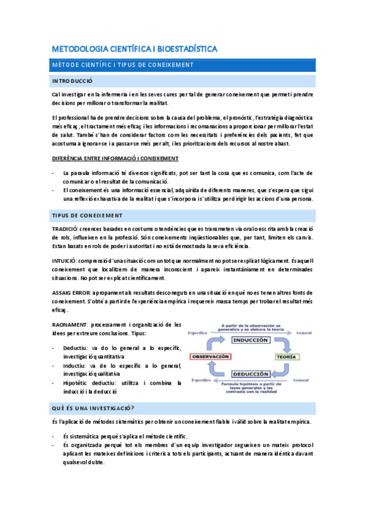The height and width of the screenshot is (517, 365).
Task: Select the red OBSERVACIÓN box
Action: point(210,356)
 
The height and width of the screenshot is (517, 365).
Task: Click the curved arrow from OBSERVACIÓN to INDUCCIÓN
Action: point(214,343)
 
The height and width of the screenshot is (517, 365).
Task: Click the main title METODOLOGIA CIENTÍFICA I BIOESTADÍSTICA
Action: point(135,48)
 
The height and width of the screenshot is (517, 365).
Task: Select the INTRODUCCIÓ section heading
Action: point(72,80)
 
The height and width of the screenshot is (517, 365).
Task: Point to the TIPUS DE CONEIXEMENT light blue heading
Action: point(87,215)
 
